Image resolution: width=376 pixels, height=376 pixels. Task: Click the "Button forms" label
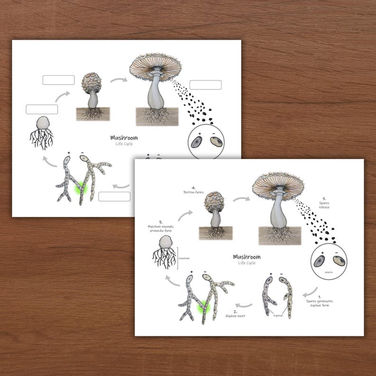193,189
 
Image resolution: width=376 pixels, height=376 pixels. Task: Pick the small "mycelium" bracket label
184,258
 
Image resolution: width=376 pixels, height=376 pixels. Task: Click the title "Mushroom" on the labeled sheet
246,257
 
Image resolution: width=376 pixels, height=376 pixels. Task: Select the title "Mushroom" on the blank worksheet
124,138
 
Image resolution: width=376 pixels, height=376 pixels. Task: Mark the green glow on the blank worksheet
82,190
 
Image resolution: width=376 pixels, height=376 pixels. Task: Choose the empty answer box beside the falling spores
206,85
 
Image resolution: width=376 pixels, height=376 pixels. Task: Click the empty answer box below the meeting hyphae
114,197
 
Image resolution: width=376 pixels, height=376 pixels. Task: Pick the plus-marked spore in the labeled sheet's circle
320,261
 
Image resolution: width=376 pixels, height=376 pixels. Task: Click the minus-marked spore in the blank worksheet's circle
215,143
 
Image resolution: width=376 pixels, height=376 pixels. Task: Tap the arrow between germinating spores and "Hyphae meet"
244,305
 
